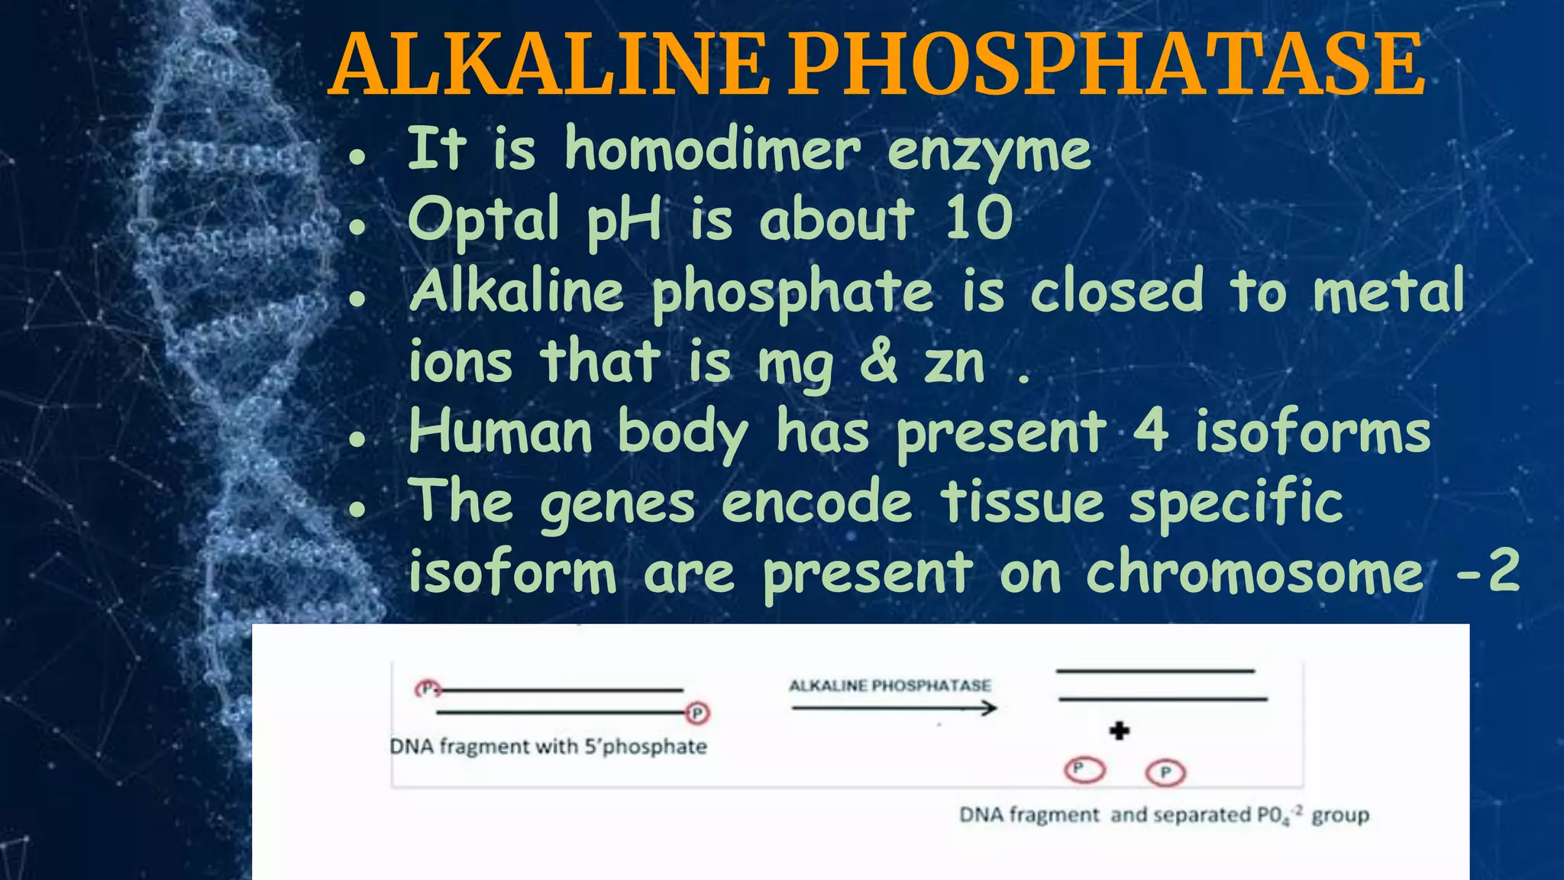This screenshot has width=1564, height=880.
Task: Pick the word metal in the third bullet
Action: [1388, 291]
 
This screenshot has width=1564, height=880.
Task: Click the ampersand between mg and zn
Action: [878, 361]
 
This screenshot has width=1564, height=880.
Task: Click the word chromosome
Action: [1255, 572]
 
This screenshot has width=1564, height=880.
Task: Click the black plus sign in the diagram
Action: [1120, 731]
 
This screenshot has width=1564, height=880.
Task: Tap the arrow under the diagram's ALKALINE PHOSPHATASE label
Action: [893, 709]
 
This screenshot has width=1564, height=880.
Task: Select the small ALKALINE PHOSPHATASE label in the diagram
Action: [890, 685]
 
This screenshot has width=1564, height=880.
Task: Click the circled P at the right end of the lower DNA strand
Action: [697, 713]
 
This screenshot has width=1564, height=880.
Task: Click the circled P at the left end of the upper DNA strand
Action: [428, 688]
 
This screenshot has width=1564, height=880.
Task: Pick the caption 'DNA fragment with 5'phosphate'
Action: [548, 746]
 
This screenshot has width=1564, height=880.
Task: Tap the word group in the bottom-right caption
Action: [1340, 816]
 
